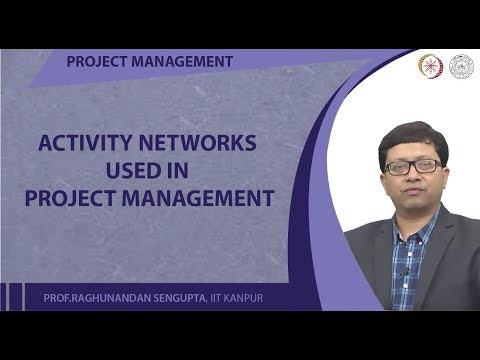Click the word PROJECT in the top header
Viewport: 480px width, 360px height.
click(x=96, y=61)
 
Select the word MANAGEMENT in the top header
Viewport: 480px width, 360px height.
click(x=183, y=61)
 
